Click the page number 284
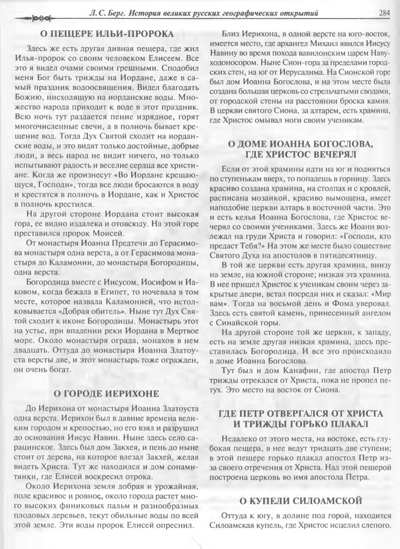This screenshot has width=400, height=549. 384,13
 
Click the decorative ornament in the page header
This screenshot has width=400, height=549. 38,19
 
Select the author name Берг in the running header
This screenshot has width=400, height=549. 117,13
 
